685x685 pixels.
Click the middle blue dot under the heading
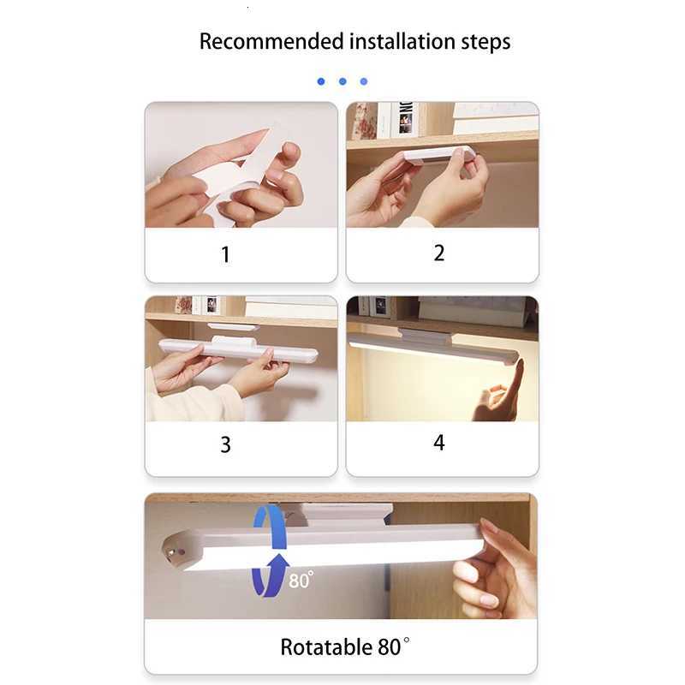pyautogui.click(x=342, y=81)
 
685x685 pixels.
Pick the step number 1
pyautogui.click(x=225, y=255)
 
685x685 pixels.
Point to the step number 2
pyautogui.click(x=439, y=253)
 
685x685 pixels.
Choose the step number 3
pyautogui.click(x=225, y=445)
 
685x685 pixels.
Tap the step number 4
pyautogui.click(x=439, y=444)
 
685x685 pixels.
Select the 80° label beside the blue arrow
pyautogui.click(x=301, y=581)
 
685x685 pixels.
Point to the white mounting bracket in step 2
pyautogui.click(x=438, y=155)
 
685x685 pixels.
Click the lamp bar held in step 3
pyautogui.click(x=238, y=350)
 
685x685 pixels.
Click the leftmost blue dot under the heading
pyautogui.click(x=321, y=81)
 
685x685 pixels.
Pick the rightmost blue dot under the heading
pyautogui.click(x=364, y=81)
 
